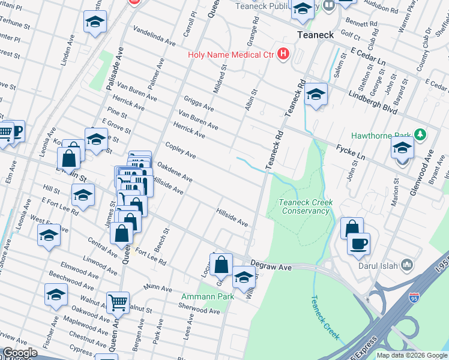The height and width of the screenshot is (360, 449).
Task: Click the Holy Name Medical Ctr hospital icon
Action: tap(283, 55)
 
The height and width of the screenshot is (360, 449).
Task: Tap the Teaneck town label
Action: tap(316, 35)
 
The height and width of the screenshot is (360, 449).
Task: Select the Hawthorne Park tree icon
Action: tap(420, 134)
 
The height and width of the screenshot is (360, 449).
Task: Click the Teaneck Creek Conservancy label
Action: tap(306, 207)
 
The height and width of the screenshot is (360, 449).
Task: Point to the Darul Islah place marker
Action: tap(408, 265)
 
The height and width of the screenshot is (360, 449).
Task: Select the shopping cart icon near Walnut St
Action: tap(118, 302)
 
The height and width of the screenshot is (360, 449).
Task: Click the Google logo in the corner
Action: tap(20, 353)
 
